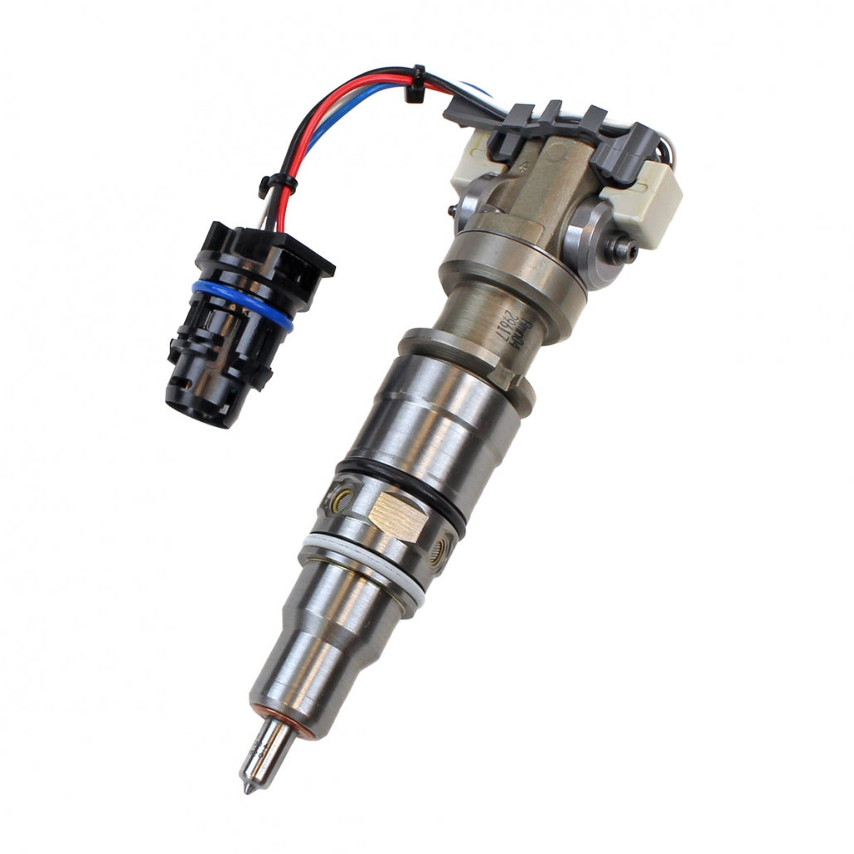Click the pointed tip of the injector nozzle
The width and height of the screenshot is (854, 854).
247,787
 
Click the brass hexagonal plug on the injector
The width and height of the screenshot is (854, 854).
397,515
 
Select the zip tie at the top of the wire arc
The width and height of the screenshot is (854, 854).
413,84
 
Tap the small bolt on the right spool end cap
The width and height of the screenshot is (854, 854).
623,247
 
